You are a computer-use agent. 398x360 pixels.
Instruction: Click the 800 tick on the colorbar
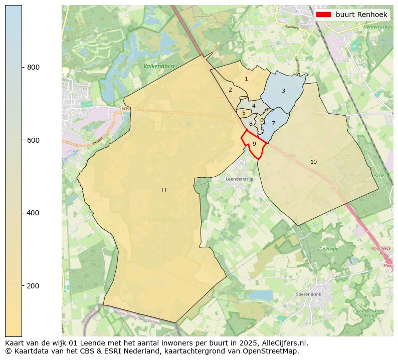pyautogui.click(x=22, y=67)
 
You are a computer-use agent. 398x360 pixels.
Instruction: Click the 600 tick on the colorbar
pyautogui.click(x=22, y=140)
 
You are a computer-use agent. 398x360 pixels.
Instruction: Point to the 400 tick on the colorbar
pyautogui.click(x=22, y=213)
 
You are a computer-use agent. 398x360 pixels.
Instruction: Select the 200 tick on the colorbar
pyautogui.click(x=22, y=286)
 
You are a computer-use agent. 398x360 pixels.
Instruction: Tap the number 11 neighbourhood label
pyautogui.click(x=163, y=191)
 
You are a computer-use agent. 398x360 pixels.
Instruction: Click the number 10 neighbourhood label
pyautogui.click(x=313, y=162)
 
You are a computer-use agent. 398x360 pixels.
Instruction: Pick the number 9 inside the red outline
pyautogui.click(x=254, y=144)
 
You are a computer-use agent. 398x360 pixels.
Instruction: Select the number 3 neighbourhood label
pyautogui.click(x=283, y=91)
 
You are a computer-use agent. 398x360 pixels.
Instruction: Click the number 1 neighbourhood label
pyautogui.click(x=246, y=79)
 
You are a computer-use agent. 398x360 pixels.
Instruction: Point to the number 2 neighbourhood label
pyautogui.click(x=230, y=90)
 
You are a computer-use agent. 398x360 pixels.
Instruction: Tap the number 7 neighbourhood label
pyautogui.click(x=273, y=124)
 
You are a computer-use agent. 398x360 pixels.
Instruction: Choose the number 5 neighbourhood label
pyautogui.click(x=244, y=113)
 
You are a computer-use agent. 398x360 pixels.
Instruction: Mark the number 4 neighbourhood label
pyautogui.click(x=254, y=106)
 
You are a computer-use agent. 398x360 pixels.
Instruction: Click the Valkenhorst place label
pyautogui.click(x=158, y=66)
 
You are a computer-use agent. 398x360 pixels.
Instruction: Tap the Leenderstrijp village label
pyautogui.click(x=240, y=179)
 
